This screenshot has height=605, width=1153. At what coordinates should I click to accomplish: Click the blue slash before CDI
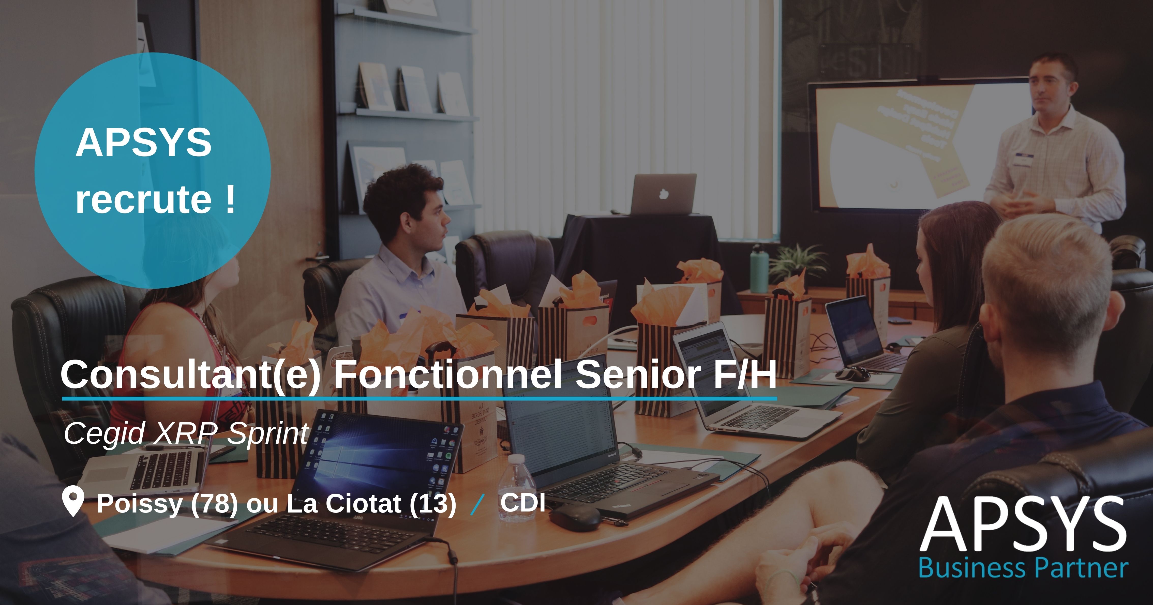(478, 505)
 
